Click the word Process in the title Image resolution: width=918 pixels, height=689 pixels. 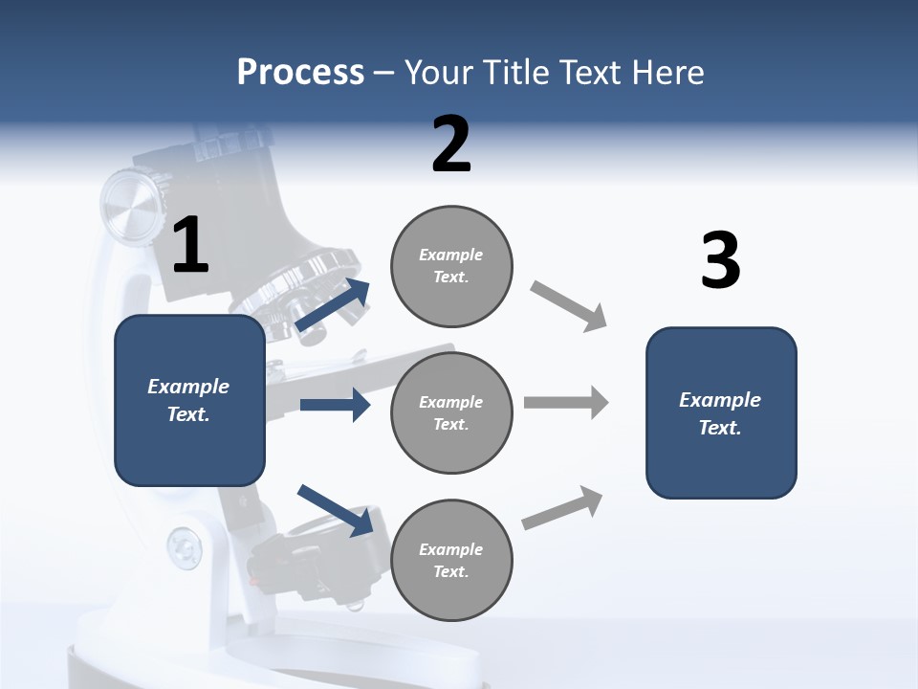300,73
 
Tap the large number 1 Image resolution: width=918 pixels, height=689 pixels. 190,246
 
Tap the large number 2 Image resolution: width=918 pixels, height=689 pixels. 451,144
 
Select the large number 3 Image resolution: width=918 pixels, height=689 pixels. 720,261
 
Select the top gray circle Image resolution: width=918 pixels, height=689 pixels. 451,265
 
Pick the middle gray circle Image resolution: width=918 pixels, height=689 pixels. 451,412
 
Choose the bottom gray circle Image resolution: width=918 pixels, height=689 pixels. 451,560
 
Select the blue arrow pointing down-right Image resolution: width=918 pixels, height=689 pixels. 335,510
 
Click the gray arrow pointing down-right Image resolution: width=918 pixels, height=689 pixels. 569,306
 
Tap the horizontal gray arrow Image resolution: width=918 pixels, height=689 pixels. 566,402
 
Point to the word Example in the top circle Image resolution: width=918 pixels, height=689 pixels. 450,255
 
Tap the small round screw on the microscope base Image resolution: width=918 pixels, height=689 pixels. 184,547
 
